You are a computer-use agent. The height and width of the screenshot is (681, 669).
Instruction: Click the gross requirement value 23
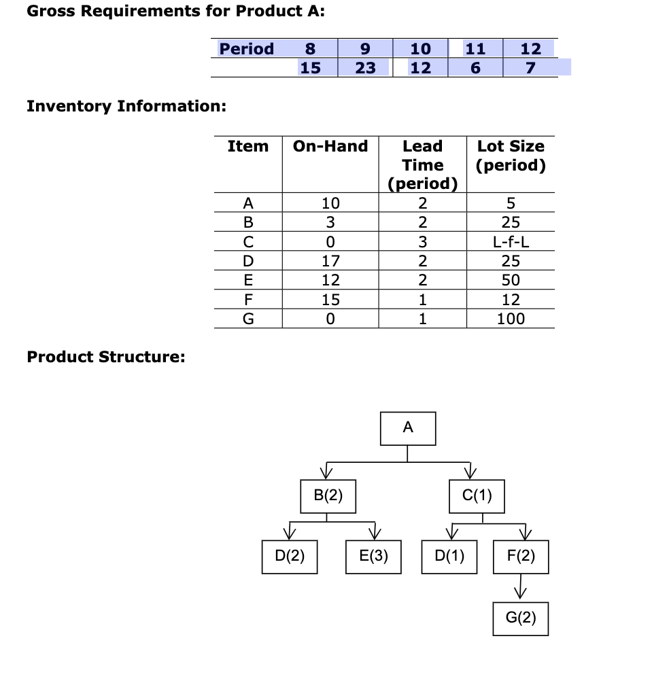click(366, 68)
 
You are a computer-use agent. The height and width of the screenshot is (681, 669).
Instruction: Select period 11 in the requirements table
click(475, 49)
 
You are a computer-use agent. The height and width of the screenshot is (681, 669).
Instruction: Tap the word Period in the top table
click(246, 49)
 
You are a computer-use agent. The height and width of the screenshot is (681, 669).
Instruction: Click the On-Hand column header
click(330, 146)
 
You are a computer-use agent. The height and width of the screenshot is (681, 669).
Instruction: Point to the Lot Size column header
click(511, 156)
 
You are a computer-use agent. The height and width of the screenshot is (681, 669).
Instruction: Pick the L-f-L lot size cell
click(511, 241)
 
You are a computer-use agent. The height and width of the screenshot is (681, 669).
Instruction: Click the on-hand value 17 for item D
click(330, 260)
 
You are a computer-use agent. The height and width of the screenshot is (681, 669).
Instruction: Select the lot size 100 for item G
click(511, 318)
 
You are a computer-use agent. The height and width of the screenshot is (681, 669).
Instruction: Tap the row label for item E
click(248, 279)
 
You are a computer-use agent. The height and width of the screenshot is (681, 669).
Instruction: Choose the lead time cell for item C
click(422, 241)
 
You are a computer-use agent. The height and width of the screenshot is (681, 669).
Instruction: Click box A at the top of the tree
click(408, 427)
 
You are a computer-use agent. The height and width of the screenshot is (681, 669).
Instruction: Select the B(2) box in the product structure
click(328, 495)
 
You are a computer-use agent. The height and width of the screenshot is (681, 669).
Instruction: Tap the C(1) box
click(477, 495)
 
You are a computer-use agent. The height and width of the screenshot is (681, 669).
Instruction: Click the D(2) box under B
click(290, 557)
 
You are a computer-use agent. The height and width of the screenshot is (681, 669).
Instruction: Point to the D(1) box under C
click(449, 557)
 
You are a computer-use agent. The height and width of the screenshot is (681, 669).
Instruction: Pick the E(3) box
click(373, 557)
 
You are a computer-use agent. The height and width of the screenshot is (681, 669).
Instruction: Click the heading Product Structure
click(106, 357)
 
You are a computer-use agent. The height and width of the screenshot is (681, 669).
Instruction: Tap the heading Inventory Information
click(126, 107)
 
